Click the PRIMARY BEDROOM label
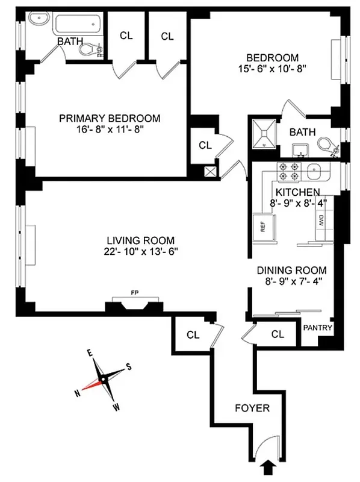click(x=110, y=117)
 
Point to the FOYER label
click(x=252, y=408)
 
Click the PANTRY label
click(x=317, y=328)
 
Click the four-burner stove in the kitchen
click(x=288, y=172)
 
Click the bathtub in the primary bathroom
click(x=79, y=25)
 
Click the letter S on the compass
click(x=128, y=366)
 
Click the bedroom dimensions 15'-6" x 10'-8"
click(x=272, y=69)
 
